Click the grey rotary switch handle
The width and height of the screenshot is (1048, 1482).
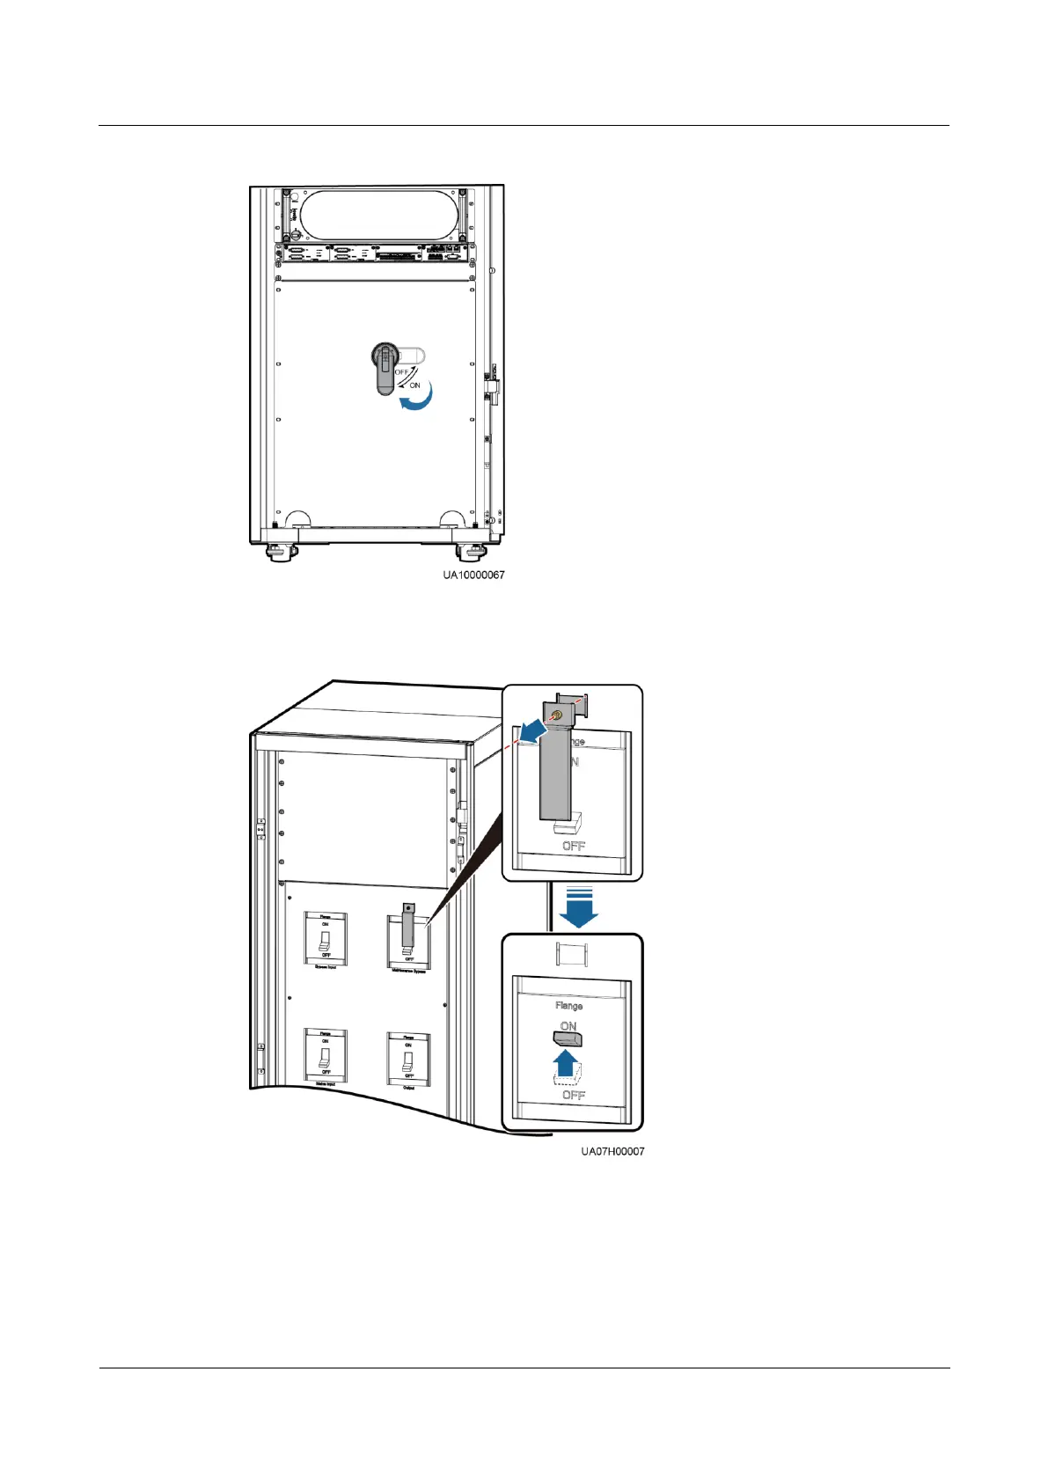385,370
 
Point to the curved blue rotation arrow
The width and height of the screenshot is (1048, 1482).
416,401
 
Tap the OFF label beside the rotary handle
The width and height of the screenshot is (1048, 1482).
402,372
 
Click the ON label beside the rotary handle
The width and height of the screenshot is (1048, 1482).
414,385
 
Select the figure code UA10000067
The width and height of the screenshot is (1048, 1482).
473,575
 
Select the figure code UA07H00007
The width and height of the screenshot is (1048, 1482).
612,1151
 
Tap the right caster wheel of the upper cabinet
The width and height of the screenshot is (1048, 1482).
468,552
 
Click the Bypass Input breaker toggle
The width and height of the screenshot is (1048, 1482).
326,940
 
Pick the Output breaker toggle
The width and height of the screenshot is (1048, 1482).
408,1060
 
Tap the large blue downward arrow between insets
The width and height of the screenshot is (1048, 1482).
578,911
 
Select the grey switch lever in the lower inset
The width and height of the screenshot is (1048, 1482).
569,1038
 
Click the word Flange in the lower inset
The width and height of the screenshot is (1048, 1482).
568,1005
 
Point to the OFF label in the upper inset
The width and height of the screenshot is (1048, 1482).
574,847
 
